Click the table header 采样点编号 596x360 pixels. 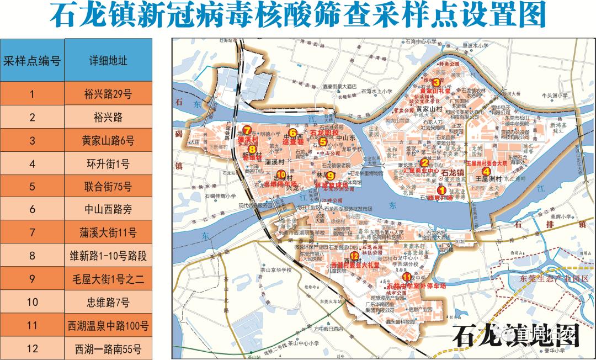point(32,60)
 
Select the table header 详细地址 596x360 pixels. point(108,60)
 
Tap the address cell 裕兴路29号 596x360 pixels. point(108,93)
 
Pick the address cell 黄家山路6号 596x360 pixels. point(108,140)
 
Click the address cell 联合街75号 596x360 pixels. point(108,186)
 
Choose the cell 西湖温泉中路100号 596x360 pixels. point(108,325)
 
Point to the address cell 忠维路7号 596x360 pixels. point(108,302)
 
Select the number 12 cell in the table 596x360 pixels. point(32,348)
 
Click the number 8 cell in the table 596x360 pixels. point(32,256)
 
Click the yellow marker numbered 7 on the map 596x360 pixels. point(247,130)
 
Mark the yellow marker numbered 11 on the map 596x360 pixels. point(407,277)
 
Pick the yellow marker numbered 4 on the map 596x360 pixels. point(486,171)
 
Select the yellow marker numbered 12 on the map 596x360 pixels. point(354,256)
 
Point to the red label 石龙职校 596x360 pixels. point(323,133)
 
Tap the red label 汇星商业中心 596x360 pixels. point(421,171)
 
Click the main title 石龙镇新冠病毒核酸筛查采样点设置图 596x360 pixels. point(297,15)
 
